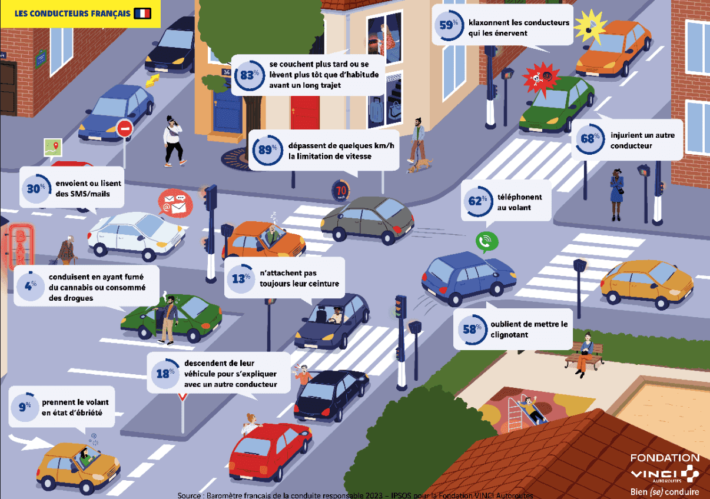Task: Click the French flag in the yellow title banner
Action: point(142,14)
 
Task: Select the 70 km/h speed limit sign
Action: point(340,191)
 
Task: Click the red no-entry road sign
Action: point(125,128)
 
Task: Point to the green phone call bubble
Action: point(486,242)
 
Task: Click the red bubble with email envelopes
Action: point(175,203)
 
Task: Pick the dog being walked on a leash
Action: point(419,166)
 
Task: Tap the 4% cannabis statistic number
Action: point(31,286)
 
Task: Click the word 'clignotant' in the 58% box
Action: point(509,335)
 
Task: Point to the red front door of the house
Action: point(304,113)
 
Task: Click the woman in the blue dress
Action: point(616,194)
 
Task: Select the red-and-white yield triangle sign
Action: point(183,397)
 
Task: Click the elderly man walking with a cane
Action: point(67,250)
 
